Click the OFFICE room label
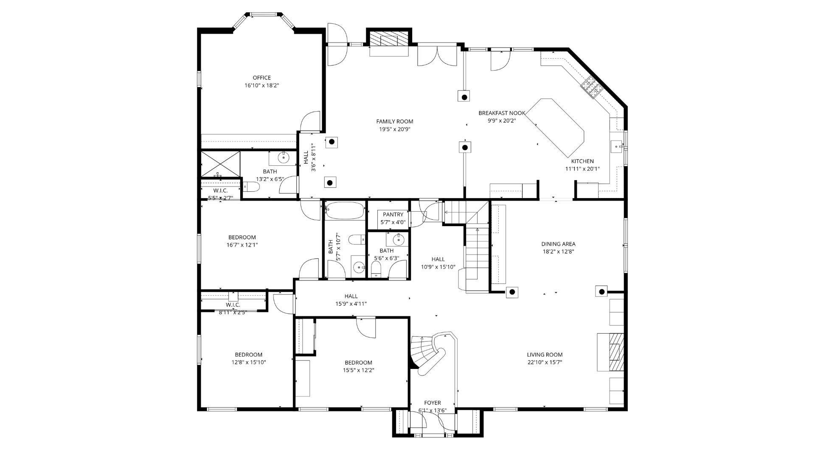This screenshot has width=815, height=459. coord(261,78)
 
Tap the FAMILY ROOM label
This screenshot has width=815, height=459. coord(395,122)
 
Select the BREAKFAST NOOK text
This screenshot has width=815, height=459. coord(502,113)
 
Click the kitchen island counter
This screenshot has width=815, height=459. coord(556,127)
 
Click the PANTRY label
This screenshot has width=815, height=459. coord(393,215)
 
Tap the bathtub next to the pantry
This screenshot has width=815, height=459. coord(345,210)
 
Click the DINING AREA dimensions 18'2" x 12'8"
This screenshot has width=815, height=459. coord(558,252)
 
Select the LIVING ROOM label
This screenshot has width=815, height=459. coord(545,355)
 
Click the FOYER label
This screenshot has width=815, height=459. coord(433,403)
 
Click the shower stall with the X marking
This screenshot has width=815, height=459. coord(220,164)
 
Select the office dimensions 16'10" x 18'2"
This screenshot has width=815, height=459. coord(261,85)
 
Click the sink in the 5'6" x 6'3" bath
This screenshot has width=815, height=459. coord(398,240)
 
